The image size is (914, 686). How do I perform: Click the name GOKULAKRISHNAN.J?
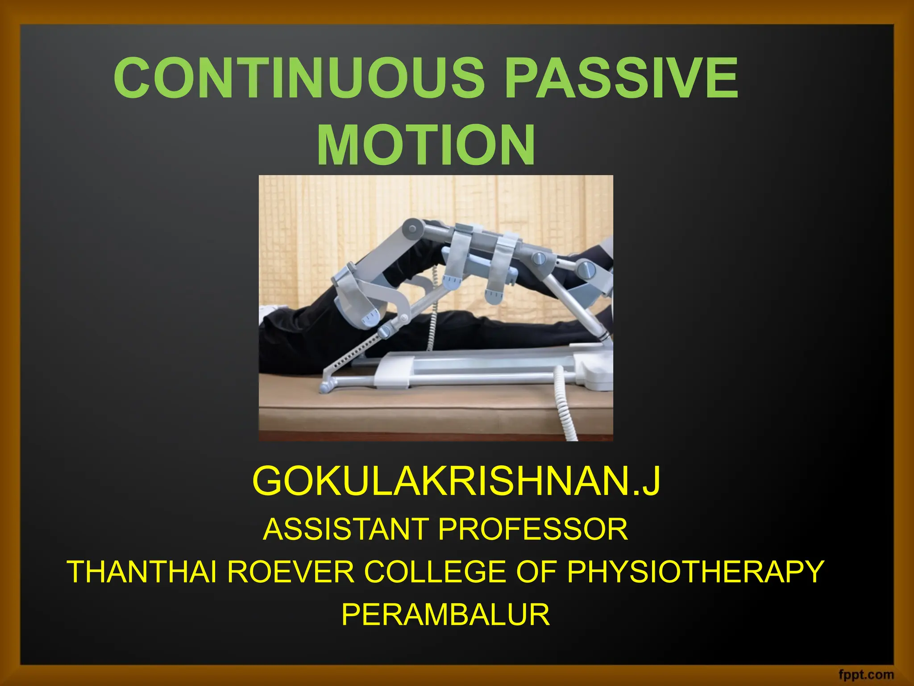click(456, 481)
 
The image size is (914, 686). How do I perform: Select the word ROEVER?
click(291, 572)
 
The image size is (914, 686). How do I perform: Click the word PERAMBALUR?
click(445, 615)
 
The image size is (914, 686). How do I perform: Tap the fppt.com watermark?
click(866, 674)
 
